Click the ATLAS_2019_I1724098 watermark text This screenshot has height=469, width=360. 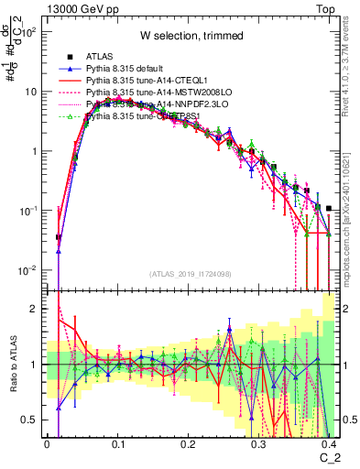coord(191,274)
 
